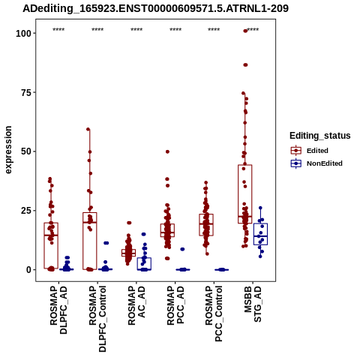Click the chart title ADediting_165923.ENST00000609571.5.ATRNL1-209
click(155, 8)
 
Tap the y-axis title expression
click(8, 150)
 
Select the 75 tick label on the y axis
click(26, 92)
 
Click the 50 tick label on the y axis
click(26, 151)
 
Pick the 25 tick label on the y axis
click(26, 211)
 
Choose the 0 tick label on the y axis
click(29, 270)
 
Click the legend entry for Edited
click(310, 151)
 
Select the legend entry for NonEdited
click(316, 163)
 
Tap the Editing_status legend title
click(320, 136)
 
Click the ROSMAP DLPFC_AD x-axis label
click(58, 310)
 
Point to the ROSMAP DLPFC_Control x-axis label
click(97, 319)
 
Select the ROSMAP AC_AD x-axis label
click(136, 305)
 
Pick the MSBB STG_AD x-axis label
click(253, 304)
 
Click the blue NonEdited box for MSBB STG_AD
click(260, 234)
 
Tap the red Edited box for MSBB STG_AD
click(245, 194)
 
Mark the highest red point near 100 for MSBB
click(245, 31)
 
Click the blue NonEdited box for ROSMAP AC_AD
click(144, 264)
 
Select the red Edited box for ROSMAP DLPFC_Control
click(90, 241)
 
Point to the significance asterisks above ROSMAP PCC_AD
click(175, 30)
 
